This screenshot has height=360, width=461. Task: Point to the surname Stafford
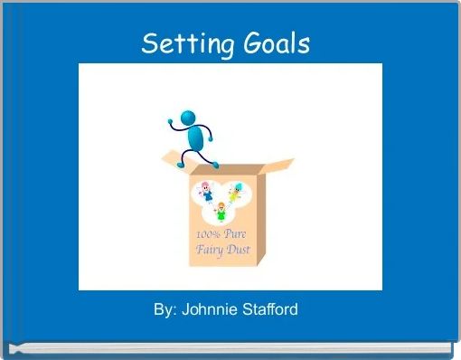tap(268, 310)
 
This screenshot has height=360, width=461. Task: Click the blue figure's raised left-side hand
tap(171, 118)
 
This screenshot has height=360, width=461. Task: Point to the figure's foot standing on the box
tap(215, 164)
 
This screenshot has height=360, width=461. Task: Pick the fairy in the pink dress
tap(204, 192)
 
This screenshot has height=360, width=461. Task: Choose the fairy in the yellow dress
tap(237, 192)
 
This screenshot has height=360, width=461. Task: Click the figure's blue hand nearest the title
tap(171, 118)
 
